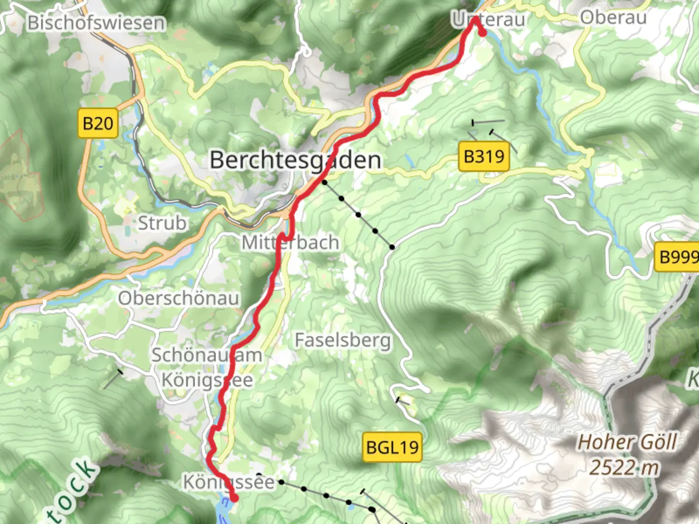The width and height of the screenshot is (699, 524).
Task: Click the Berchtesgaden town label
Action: [295, 160]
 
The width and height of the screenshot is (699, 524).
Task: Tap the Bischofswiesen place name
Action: [96, 23]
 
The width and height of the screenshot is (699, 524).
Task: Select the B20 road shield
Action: [98, 123]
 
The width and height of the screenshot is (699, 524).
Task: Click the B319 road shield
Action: [483, 157]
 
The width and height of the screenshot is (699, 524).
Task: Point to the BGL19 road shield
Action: [392, 447]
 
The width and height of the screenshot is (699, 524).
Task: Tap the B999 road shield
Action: [678, 256]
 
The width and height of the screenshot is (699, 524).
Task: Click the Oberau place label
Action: [613, 18]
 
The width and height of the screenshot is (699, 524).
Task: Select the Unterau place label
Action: [488, 20]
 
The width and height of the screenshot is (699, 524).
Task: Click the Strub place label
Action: [162, 223]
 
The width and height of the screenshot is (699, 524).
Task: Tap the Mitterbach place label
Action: [290, 243]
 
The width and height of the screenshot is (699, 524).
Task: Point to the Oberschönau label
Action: [179, 298]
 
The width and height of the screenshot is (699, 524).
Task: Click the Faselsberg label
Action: [343, 340]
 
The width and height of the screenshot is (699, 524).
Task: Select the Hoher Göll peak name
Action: [626, 442]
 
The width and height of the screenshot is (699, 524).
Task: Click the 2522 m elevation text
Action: [624, 468]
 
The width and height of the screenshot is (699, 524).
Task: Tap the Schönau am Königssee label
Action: [207, 367]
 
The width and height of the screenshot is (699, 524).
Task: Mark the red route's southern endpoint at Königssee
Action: [234, 498]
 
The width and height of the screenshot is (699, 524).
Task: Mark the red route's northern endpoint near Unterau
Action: [483, 33]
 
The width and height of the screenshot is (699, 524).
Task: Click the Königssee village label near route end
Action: [228, 482]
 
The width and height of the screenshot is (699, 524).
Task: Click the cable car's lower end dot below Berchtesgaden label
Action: [324, 182]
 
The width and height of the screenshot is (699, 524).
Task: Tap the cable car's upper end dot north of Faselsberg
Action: [392, 247]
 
